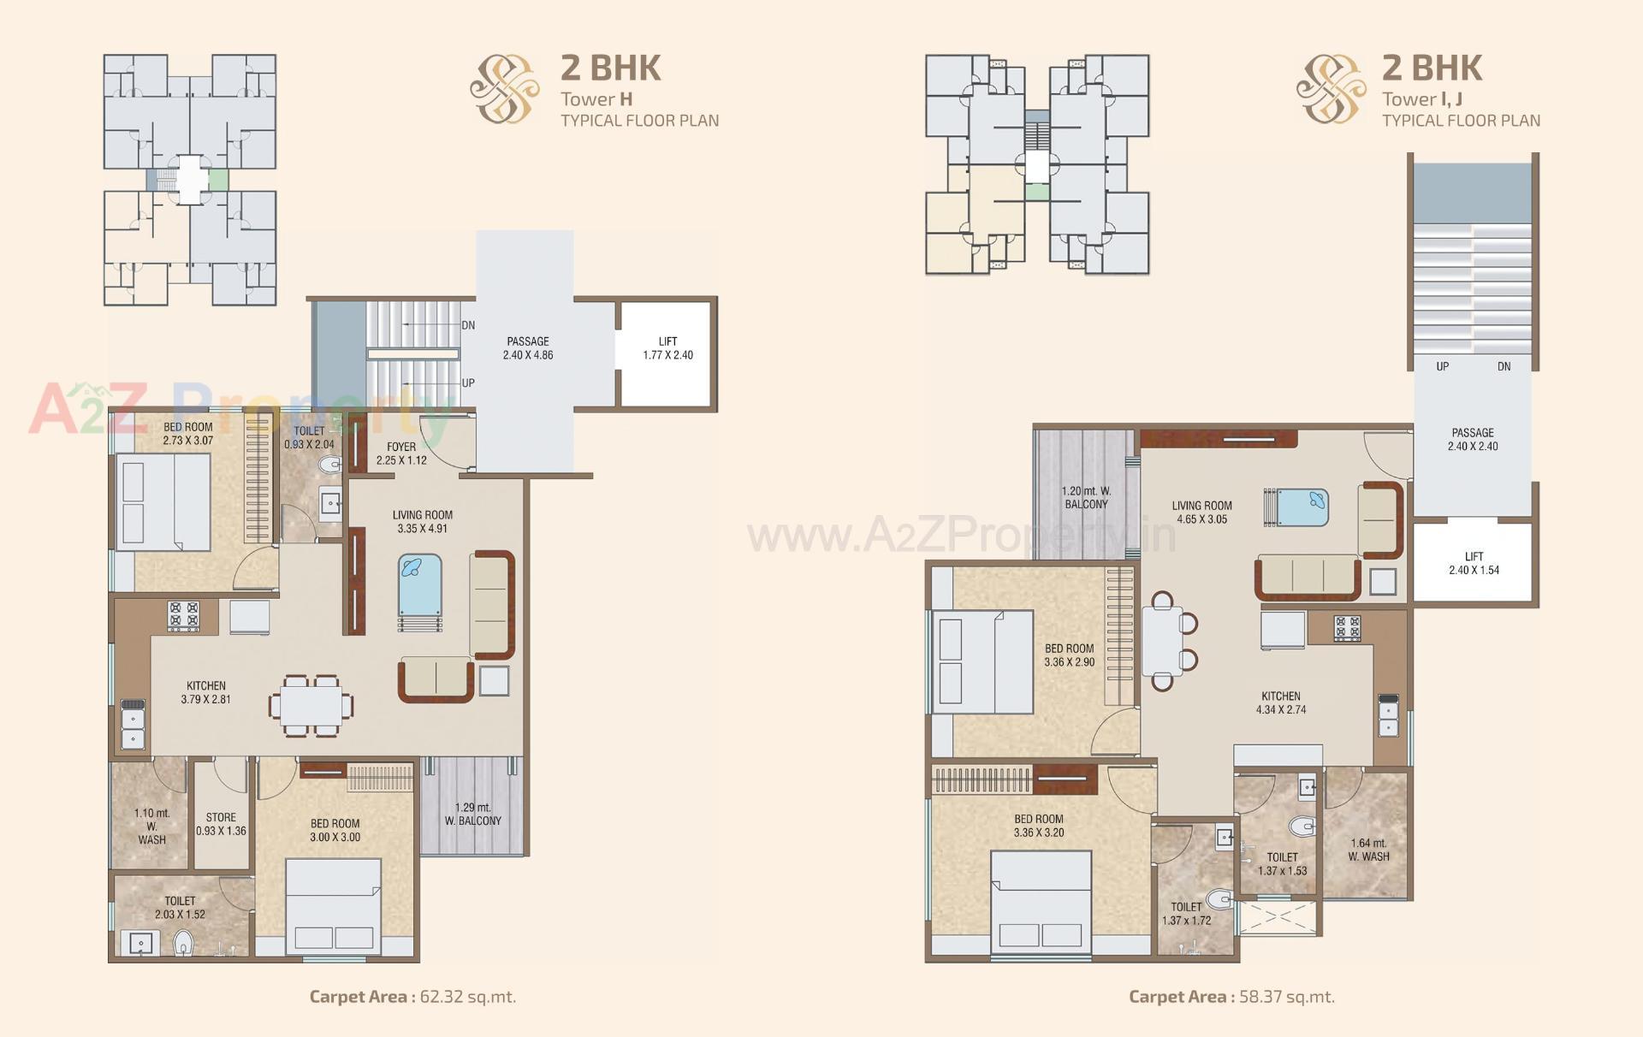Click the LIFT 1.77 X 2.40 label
click(667, 348)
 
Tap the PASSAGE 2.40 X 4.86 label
click(527, 348)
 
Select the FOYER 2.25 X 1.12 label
click(401, 453)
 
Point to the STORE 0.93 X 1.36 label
click(221, 824)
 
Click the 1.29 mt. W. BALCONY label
click(472, 814)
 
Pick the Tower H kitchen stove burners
click(184, 616)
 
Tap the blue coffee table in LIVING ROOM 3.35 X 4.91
click(420, 586)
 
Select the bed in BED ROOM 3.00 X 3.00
click(333, 905)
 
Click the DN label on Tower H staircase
click(468, 325)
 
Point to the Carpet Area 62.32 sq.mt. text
click(412, 996)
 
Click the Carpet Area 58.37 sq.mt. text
click(1231, 996)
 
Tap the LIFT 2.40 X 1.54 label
click(1474, 563)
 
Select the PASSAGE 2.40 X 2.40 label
click(1473, 439)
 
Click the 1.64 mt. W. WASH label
click(1368, 850)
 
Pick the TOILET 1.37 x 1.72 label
click(1186, 914)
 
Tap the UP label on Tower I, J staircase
click(1443, 366)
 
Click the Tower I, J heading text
click(1422, 99)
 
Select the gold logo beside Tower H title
click(505, 88)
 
